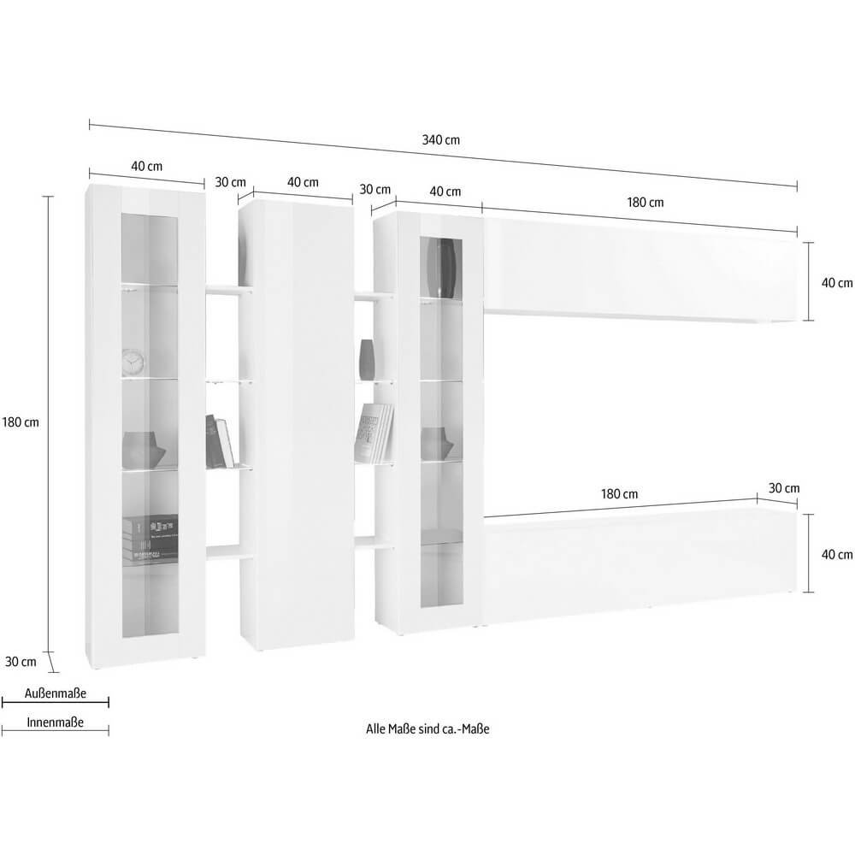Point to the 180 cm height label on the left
point(21,422)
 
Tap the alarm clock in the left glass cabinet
point(133,362)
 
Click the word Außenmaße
point(56,693)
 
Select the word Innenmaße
point(56,722)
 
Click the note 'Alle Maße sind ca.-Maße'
point(432,728)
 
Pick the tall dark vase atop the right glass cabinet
point(442,267)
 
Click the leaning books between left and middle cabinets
point(221,440)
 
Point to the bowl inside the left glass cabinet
point(141,448)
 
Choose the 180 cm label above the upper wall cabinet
point(646,203)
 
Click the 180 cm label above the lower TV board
point(619,494)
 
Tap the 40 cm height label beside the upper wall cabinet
point(837,283)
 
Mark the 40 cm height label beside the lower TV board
point(837,554)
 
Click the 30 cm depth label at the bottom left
point(21,661)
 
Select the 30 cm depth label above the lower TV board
point(784,488)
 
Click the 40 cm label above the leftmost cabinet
point(146,166)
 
